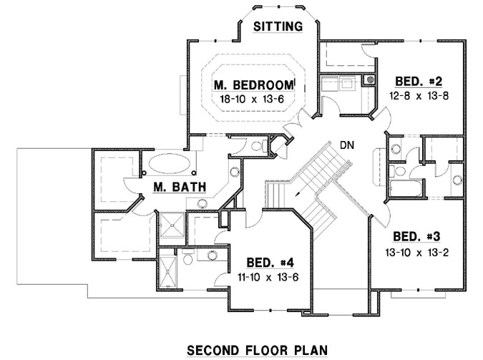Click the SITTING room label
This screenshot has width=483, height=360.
279,26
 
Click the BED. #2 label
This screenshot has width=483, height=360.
419,81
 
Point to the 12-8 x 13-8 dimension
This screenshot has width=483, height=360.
419,95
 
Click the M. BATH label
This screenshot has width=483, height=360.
180,188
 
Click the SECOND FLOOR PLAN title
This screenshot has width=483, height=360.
257,350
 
